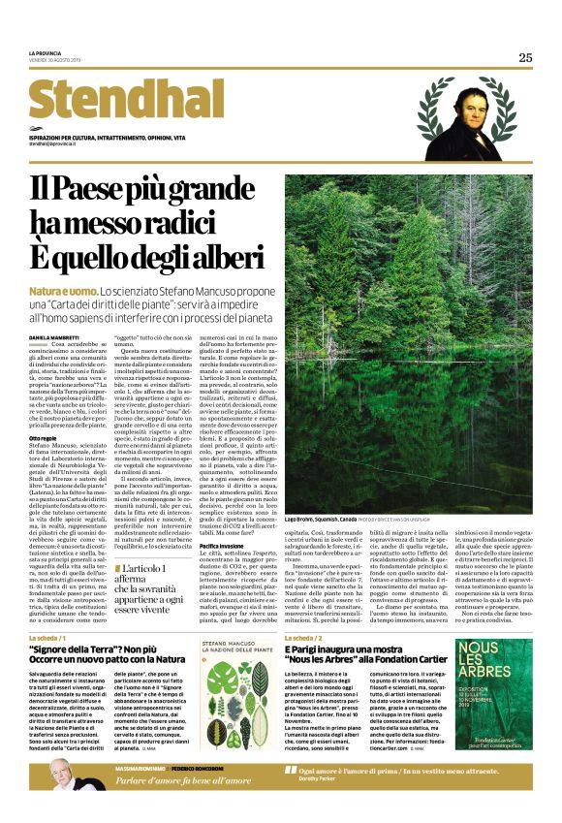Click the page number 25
(x=524, y=57)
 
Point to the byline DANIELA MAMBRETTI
(x=58, y=336)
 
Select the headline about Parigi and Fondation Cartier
(x=362, y=653)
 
